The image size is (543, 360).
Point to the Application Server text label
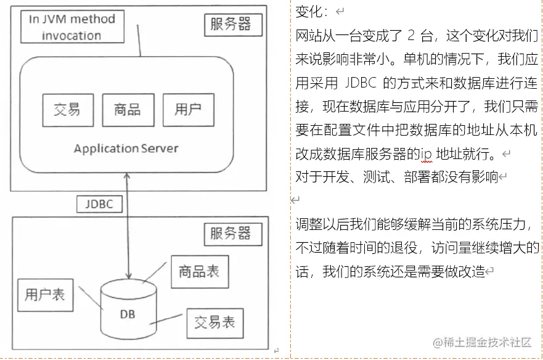(x=126, y=149)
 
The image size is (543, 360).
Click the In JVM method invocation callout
(x=71, y=27)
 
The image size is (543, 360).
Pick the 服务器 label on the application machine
(x=231, y=25)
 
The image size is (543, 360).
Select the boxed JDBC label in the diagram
(x=99, y=204)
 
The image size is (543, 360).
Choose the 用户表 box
(x=45, y=294)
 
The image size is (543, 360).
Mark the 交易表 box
(x=214, y=322)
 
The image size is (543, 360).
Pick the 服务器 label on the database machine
(x=231, y=233)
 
